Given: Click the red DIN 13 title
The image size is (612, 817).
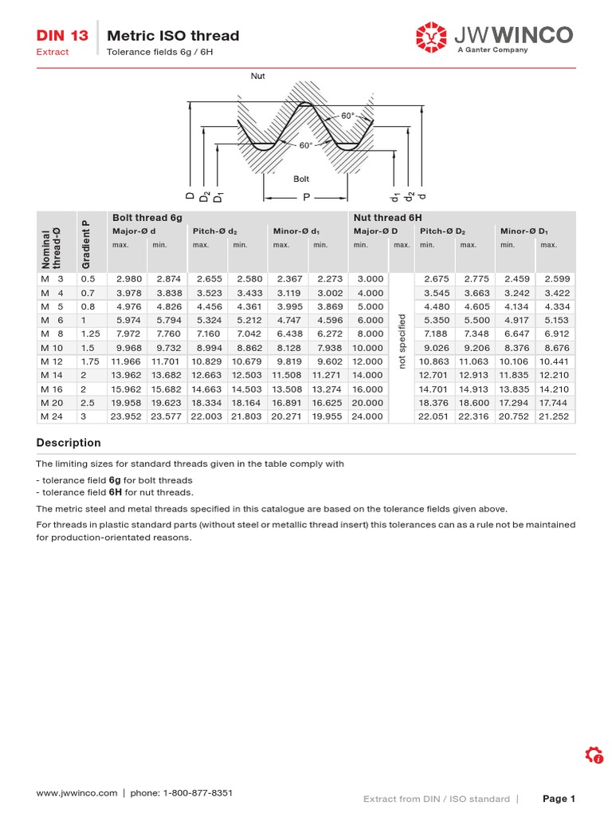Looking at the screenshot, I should [x=62, y=36].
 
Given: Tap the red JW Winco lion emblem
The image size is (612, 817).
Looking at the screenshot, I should [x=432, y=36].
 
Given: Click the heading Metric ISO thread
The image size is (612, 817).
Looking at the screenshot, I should [x=173, y=36].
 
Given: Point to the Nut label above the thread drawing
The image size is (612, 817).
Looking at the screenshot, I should [x=258, y=77].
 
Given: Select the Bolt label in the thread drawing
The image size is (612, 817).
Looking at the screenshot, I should [x=301, y=180].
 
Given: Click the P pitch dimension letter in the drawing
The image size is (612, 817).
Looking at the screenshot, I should [x=304, y=196].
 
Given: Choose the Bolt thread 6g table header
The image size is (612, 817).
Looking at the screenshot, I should [x=141, y=218].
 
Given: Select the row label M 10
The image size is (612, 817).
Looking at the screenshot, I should [x=51, y=348].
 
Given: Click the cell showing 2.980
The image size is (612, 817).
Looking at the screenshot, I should [x=129, y=279].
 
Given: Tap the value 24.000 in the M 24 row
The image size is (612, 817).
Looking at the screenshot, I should [x=367, y=416].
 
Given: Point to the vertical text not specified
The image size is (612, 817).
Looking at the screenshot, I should [x=402, y=341].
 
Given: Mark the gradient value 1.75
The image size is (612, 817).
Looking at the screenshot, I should [x=90, y=361].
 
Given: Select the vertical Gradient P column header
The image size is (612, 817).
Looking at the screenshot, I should [x=86, y=243].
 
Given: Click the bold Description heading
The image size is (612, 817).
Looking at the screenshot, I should [x=69, y=443].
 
